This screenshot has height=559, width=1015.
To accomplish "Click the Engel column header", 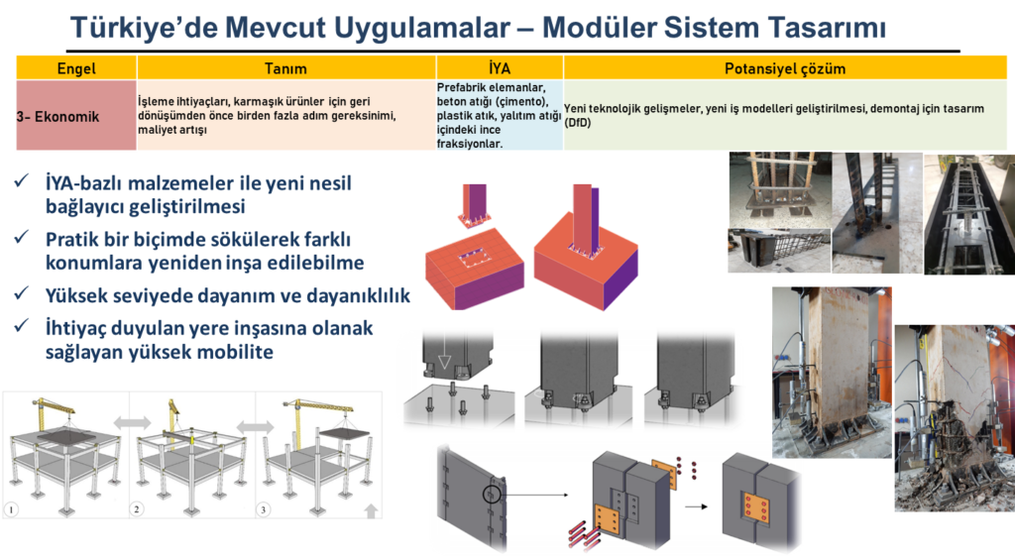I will tap(75, 69).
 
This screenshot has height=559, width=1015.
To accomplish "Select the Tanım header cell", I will tap(285, 69).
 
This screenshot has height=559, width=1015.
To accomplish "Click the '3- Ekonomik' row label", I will tap(58, 116).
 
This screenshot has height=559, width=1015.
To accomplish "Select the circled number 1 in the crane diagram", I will tap(14, 510).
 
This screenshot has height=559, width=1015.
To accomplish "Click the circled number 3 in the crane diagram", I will tap(264, 510).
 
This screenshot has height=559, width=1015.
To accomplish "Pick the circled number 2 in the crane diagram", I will tap(138, 510).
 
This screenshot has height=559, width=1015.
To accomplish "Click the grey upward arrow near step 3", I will tap(370, 510).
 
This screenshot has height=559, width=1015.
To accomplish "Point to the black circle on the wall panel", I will tap(493, 494).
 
